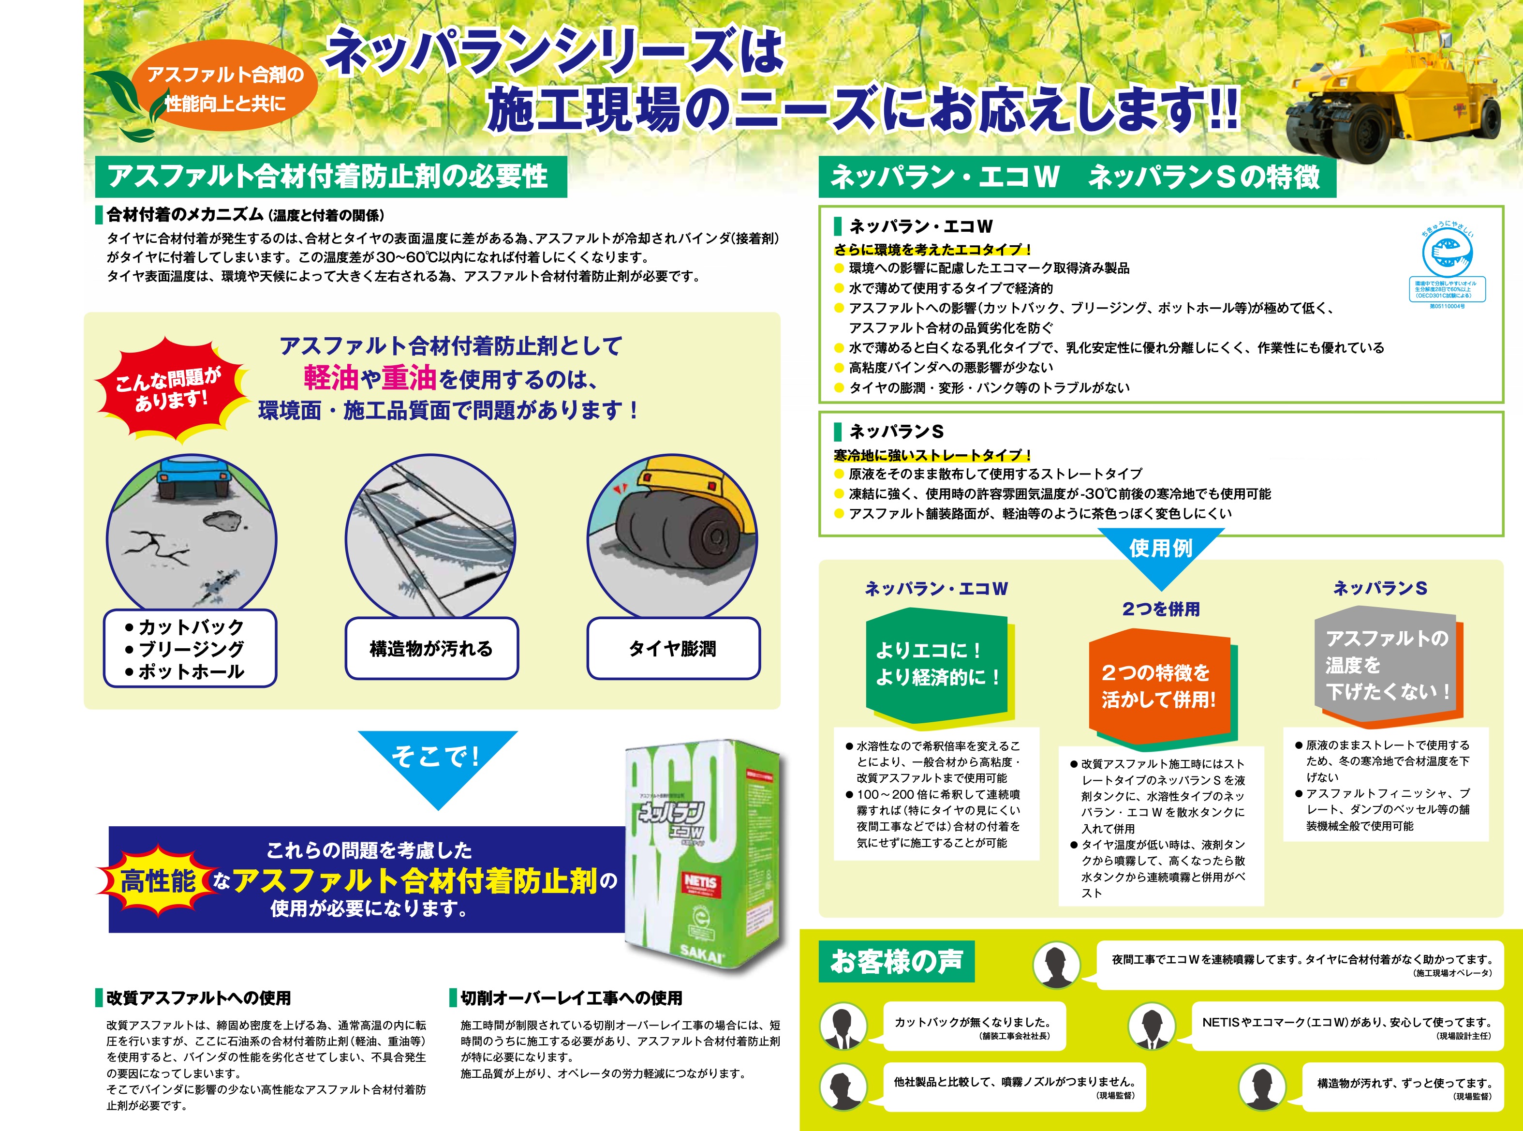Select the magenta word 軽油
tap(331, 377)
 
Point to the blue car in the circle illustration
tap(192, 476)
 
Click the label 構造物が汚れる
tap(431, 648)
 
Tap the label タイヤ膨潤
tap(673, 648)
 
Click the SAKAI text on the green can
tap(702, 953)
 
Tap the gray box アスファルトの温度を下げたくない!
tap(1386, 666)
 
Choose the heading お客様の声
tap(897, 961)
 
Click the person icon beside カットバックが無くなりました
tap(843, 1027)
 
